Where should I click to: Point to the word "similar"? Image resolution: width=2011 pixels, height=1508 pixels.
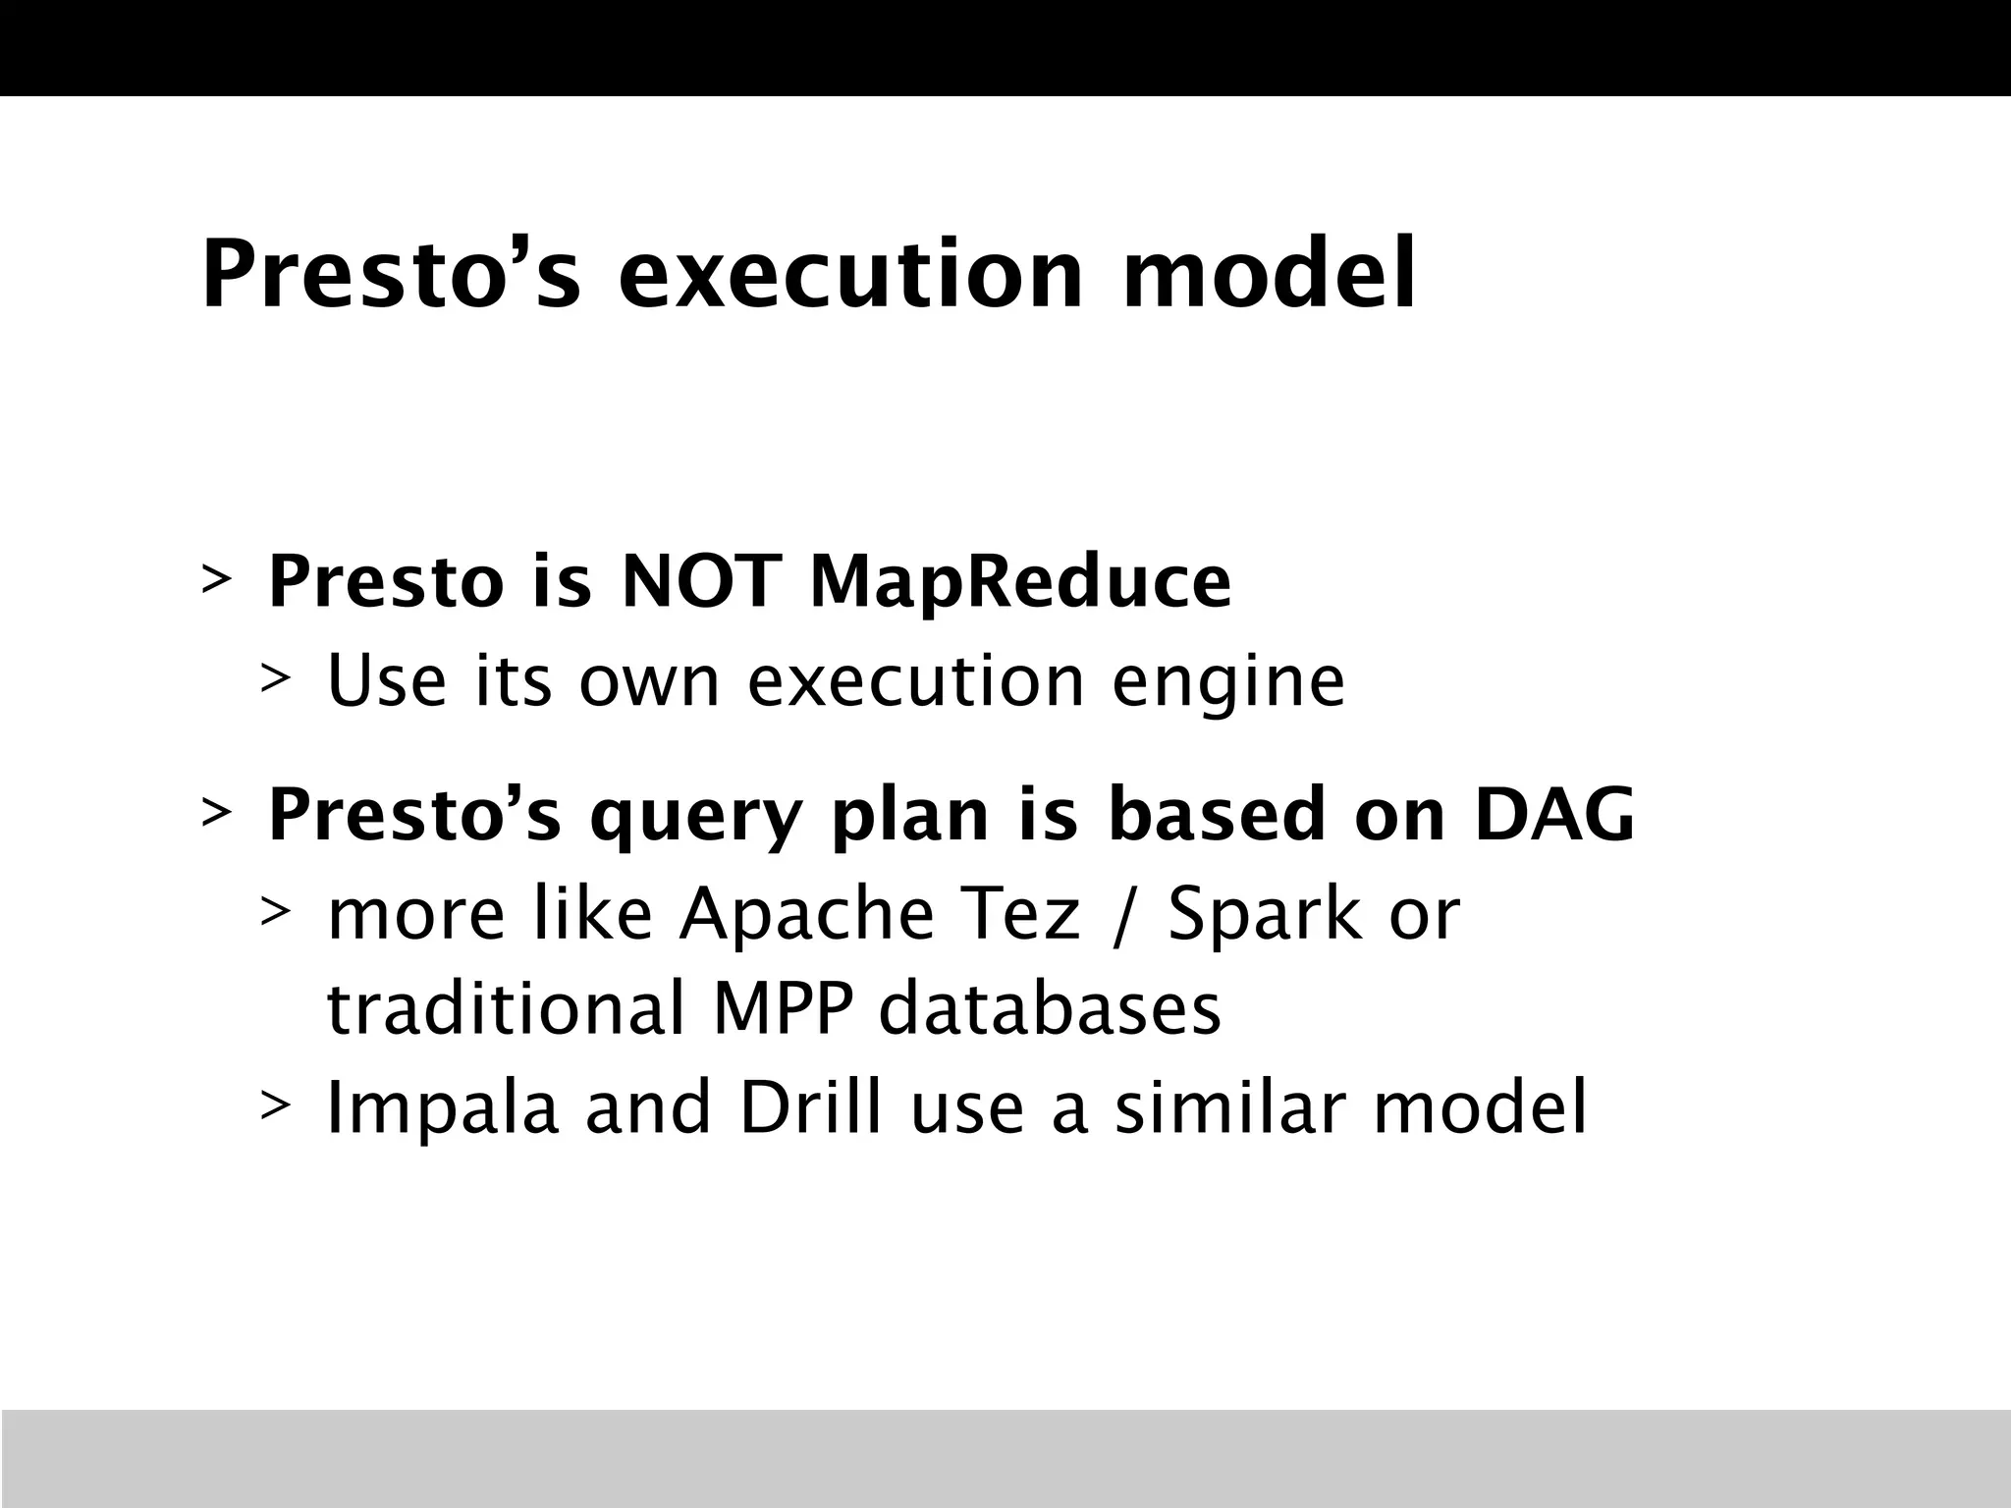coord(1228,1106)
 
